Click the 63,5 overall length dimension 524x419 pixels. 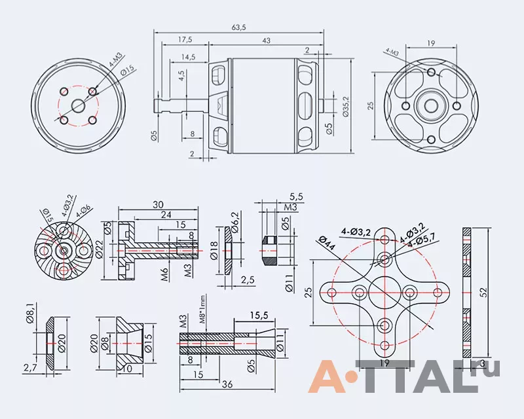pyautogui.click(x=238, y=27)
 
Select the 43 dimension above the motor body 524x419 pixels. pyautogui.click(x=266, y=41)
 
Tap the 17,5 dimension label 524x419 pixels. pyautogui.click(x=185, y=39)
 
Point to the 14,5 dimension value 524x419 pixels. pyautogui.click(x=188, y=57)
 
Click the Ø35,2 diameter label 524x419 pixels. pyautogui.click(x=346, y=106)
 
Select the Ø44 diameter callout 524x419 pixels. pyautogui.click(x=327, y=244)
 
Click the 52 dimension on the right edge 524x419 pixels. pyautogui.click(x=483, y=292)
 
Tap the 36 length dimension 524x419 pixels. pyautogui.click(x=227, y=384)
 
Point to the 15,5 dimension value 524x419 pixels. pyautogui.click(x=258, y=315)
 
